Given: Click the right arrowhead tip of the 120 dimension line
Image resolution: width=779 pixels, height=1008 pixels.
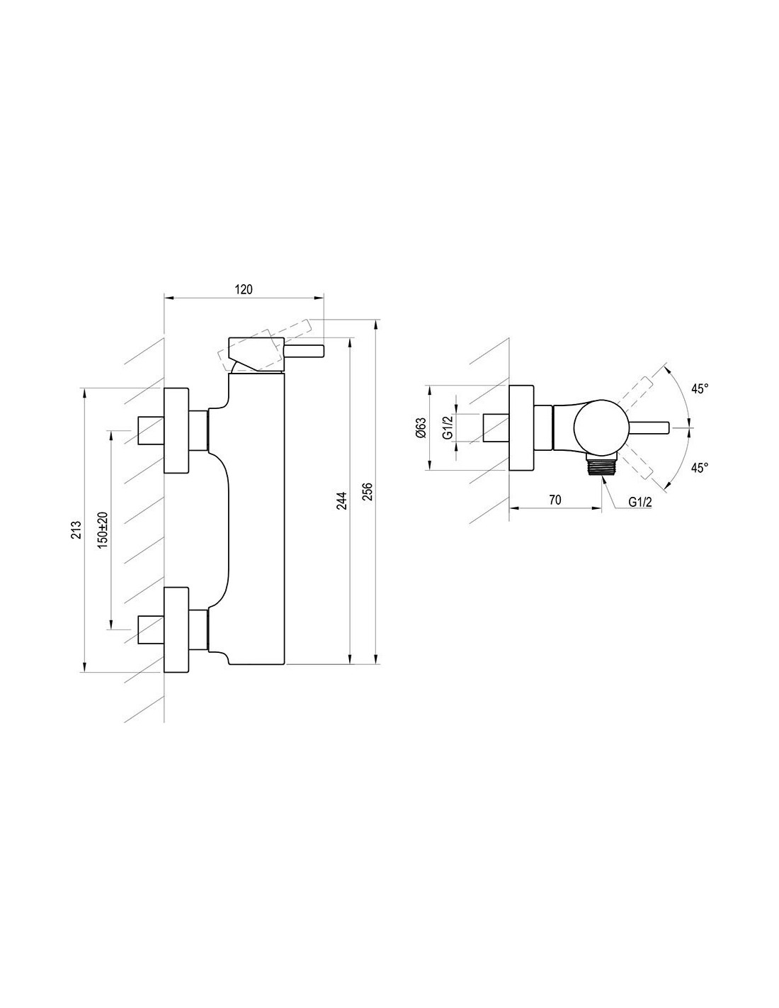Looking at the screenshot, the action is (324, 298).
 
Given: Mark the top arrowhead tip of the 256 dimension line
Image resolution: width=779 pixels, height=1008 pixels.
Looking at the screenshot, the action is (376, 320).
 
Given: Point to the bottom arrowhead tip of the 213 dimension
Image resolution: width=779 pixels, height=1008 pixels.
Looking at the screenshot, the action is (84, 671).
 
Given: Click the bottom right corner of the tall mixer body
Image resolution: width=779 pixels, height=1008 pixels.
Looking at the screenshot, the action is (284, 664).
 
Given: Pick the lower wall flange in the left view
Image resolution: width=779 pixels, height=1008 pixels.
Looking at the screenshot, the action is (176, 629).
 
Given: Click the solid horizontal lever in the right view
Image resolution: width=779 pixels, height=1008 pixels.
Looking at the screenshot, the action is (648, 427).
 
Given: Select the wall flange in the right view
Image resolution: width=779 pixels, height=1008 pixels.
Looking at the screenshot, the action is (521, 427).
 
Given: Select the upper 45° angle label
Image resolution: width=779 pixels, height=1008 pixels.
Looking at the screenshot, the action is (700, 388).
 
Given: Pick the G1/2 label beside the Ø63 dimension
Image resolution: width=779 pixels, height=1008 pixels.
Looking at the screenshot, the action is (447, 427).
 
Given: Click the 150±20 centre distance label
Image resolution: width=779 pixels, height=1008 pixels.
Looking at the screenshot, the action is (103, 530).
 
